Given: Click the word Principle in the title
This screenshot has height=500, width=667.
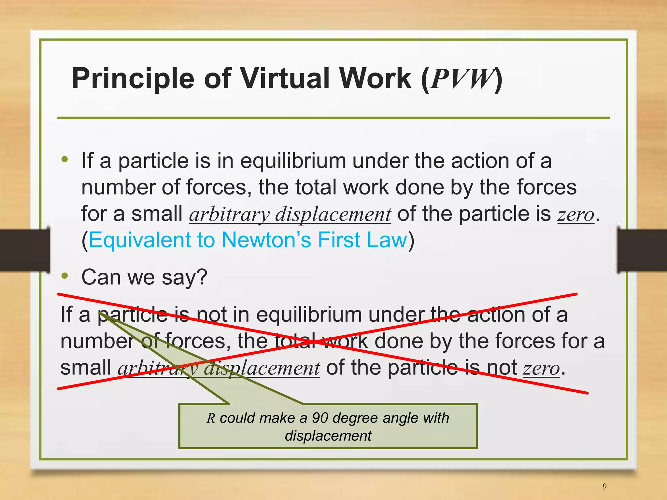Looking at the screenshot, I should click(133, 79).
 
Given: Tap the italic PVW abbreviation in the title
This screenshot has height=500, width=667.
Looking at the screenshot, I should click(462, 79).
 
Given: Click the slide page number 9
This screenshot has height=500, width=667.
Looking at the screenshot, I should click(604, 486).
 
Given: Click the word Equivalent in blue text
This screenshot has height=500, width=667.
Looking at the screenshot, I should click(139, 240).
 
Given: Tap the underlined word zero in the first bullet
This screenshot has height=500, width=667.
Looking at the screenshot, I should click(576, 215).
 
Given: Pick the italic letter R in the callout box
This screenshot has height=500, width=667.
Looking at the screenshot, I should click(211, 418).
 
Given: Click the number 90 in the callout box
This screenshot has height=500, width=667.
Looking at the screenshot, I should click(320, 418).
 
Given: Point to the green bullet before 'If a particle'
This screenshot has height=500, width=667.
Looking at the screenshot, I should click(65, 159).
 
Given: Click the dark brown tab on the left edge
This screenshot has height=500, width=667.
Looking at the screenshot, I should click(24, 250).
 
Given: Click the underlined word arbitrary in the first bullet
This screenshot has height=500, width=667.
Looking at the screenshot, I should click(229, 215).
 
